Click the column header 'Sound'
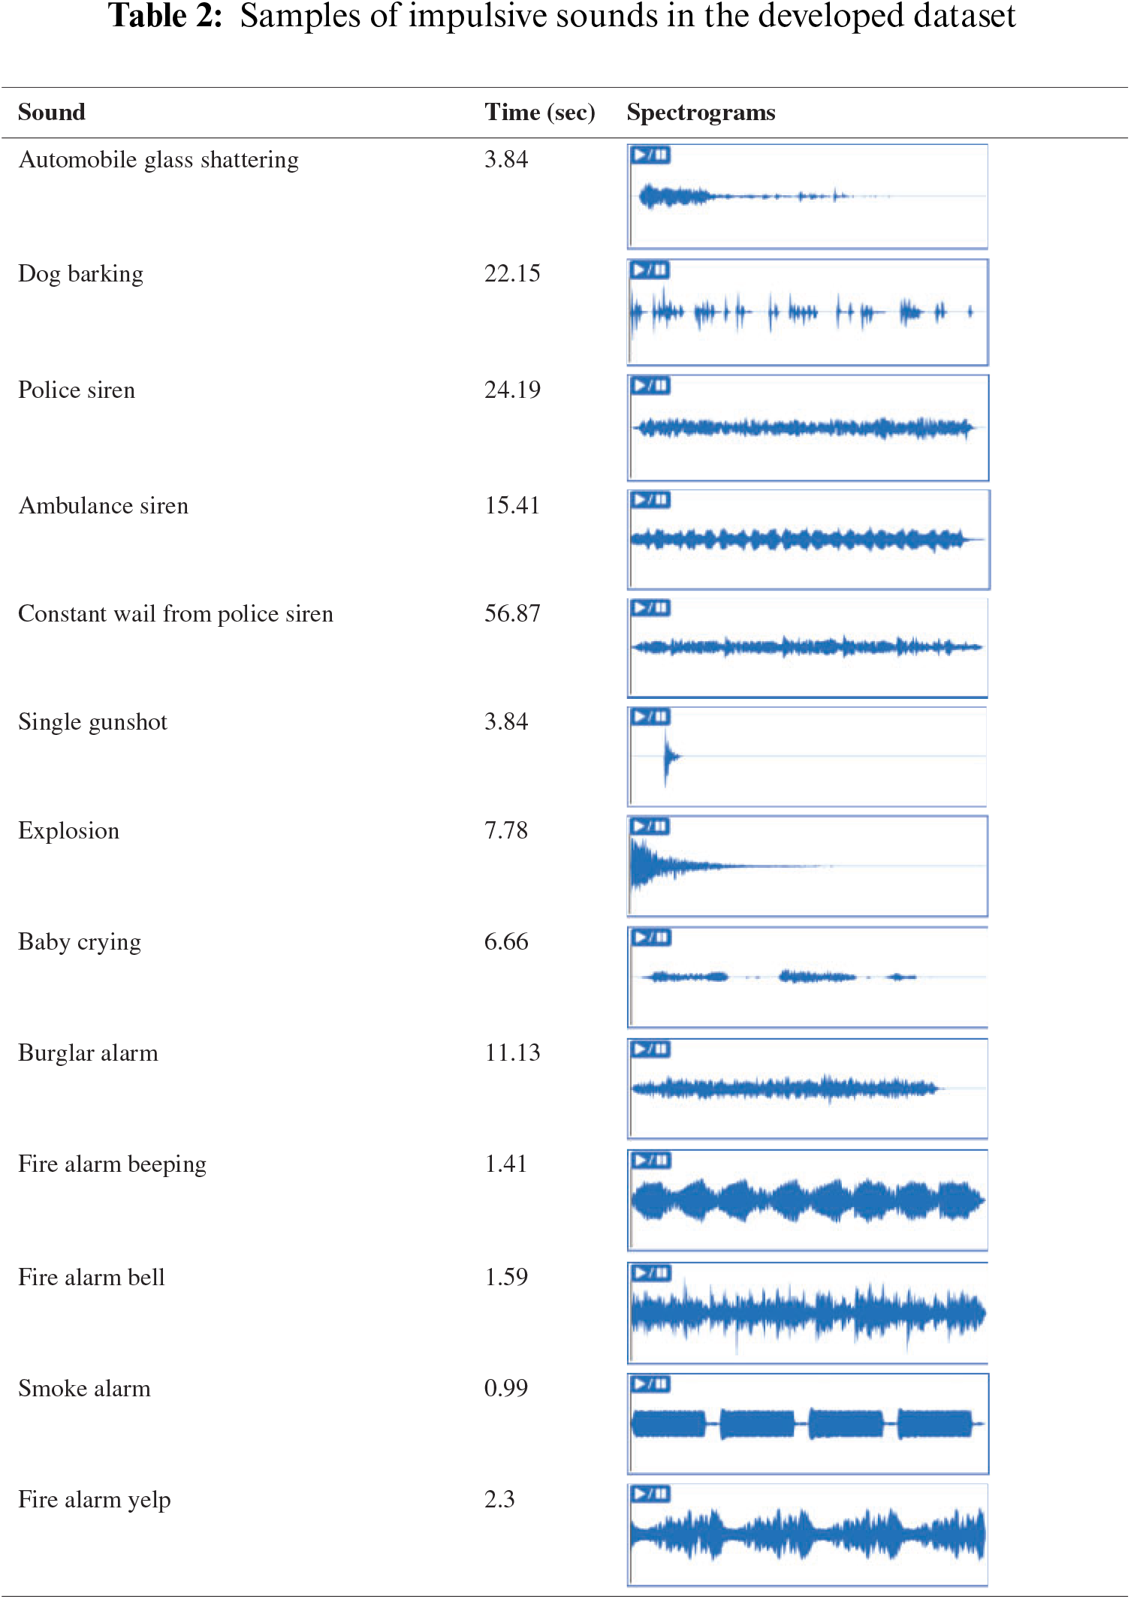coord(51,113)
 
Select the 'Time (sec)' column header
coord(539,113)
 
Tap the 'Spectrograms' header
coord(701,113)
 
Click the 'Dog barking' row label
coord(80,274)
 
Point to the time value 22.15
coord(512,274)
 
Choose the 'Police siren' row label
coord(77,390)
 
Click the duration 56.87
coord(512,614)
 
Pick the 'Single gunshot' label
coord(92,722)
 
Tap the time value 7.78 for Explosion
coord(506,831)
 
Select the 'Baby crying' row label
coord(80,942)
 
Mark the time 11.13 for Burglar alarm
coord(512,1053)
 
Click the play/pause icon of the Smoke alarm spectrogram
coord(650,1384)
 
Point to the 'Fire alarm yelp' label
coord(95,1500)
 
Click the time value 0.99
coord(506,1389)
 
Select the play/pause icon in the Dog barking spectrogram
coord(650,270)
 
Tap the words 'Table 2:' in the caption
coord(165,17)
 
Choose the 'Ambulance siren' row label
coord(103,506)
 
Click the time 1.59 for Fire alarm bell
coord(506,1278)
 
